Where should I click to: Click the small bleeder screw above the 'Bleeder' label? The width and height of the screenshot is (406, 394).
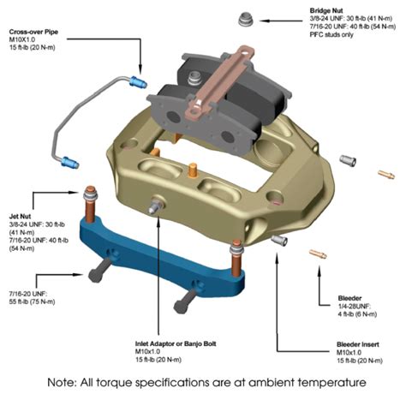tap(318, 254)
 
